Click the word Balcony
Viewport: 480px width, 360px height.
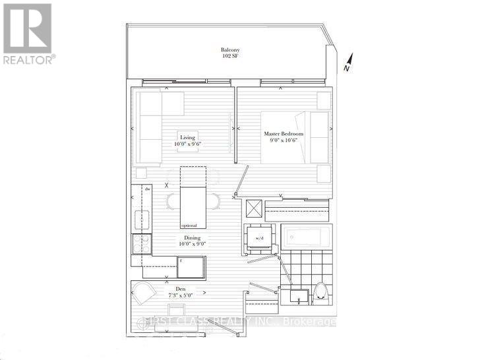click(230, 50)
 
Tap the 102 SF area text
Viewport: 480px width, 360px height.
click(230, 57)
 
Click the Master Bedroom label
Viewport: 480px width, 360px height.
click(284, 134)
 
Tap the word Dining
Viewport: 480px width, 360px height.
click(193, 237)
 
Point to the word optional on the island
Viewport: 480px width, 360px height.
click(189, 225)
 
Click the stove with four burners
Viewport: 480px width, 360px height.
click(142, 243)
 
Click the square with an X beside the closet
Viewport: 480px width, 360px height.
click(253, 208)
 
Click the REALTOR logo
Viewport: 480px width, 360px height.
click(28, 33)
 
